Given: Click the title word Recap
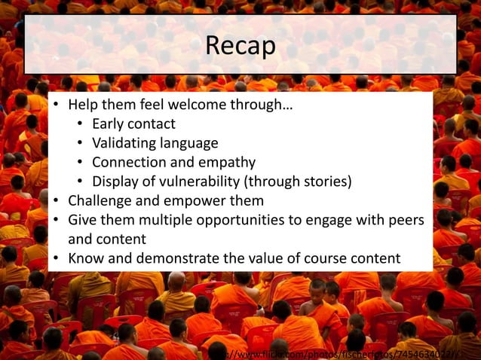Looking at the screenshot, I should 240,46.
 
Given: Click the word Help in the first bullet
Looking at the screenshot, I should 84,104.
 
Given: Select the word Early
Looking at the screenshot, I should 110,124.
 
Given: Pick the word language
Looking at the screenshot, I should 191,143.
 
